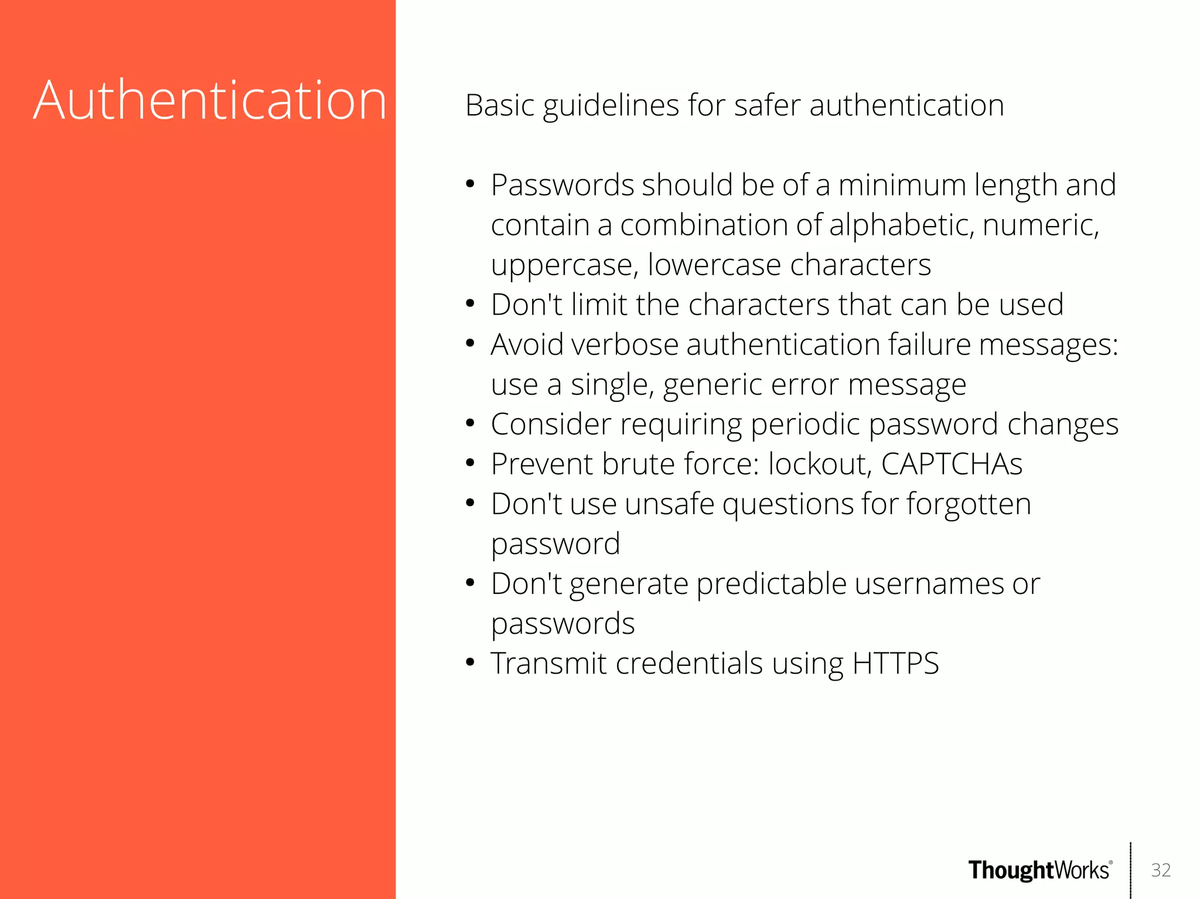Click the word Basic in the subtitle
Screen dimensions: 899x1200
point(500,105)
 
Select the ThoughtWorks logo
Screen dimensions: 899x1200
point(1039,870)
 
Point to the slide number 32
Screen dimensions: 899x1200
point(1161,870)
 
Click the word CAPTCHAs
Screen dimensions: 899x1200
point(952,464)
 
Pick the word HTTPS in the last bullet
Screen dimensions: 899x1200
point(895,664)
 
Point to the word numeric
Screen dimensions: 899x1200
point(1041,225)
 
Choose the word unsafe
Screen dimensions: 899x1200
point(670,504)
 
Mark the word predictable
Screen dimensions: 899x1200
point(771,584)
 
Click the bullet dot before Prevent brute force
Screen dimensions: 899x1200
point(470,463)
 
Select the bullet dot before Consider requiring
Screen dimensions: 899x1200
point(470,423)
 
